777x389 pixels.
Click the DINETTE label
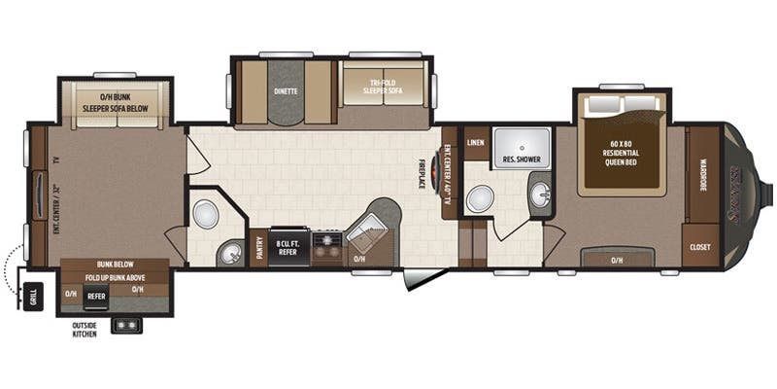pos(286,90)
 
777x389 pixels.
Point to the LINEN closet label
pos(475,143)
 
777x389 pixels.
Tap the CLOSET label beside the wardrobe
pos(700,247)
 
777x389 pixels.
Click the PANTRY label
pos(259,249)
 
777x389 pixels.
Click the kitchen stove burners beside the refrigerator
pos(327,248)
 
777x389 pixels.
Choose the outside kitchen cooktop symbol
pos(127,325)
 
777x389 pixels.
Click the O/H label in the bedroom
pos(616,259)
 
